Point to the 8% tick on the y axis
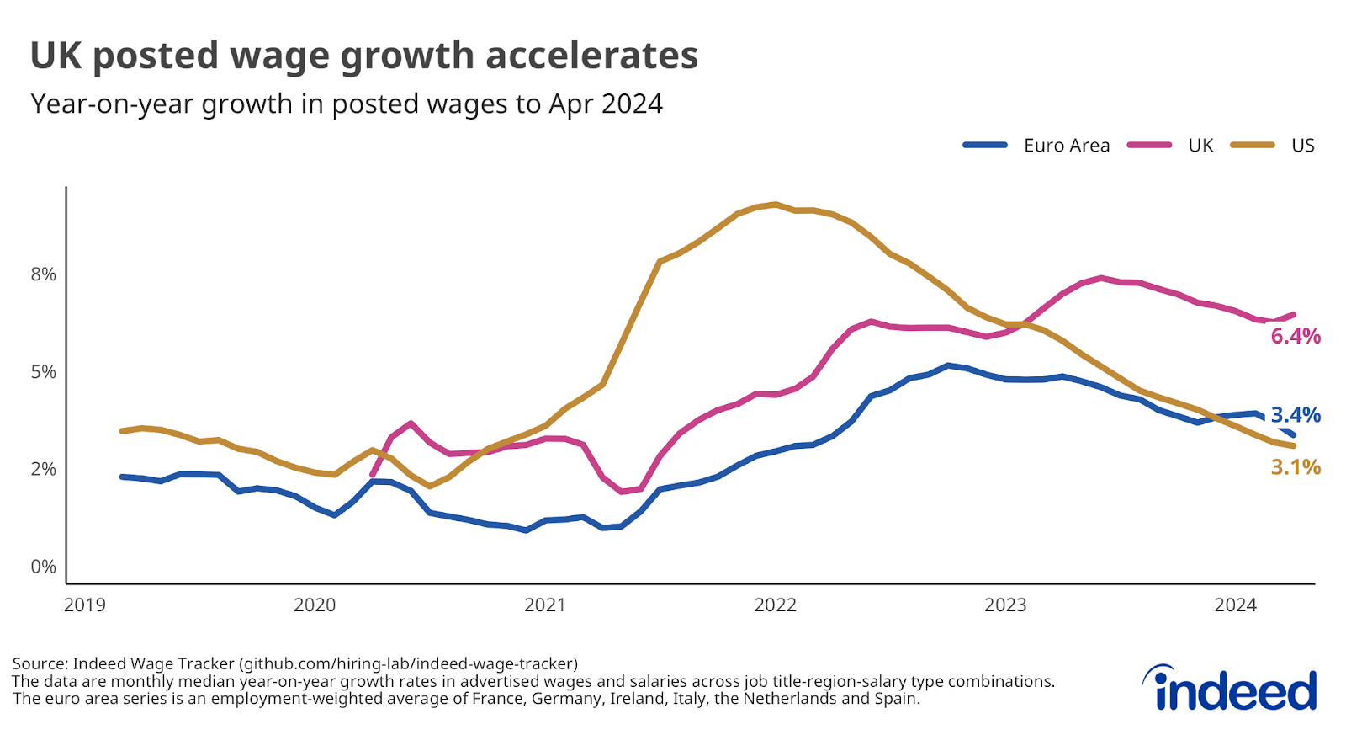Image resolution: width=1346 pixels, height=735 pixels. coord(43,274)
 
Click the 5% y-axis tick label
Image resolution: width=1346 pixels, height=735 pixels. coord(43,372)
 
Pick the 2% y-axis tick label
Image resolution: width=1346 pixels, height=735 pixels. coord(43,469)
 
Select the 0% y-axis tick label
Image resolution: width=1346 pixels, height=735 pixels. coord(43,567)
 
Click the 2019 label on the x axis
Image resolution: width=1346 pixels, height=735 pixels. coord(85,605)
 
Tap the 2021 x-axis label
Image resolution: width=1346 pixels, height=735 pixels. coord(544,605)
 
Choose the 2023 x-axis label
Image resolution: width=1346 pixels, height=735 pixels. coord(1005,605)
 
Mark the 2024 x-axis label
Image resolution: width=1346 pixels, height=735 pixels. coord(1235,605)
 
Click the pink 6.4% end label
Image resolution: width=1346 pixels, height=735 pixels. coord(1295,337)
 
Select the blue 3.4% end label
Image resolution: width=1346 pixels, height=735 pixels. coord(1295,415)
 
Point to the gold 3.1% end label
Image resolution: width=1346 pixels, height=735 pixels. coord(1295,467)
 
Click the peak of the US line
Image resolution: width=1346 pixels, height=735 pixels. coord(775,204)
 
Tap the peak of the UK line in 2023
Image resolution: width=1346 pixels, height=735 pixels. coord(1100,278)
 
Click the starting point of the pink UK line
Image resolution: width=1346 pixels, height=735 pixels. coord(372,475)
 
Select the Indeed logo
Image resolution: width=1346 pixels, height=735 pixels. coord(1229,689)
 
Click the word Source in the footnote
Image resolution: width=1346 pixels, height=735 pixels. coord(39,663)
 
